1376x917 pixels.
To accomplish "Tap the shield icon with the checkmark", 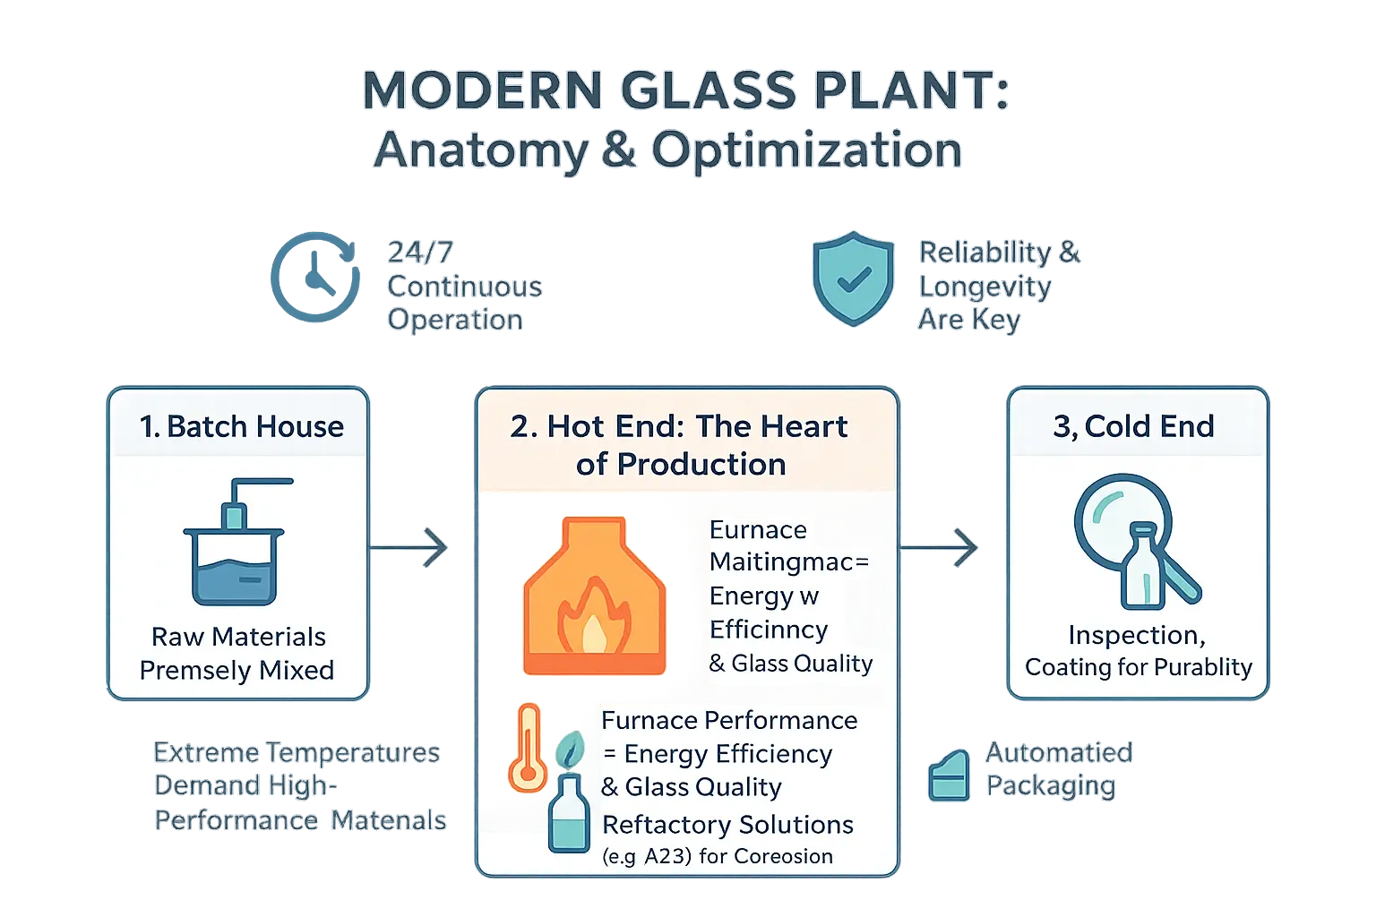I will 853,279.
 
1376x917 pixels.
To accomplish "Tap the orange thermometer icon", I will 527,749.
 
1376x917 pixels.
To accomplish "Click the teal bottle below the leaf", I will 569,813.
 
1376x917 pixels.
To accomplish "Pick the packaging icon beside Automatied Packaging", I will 949,776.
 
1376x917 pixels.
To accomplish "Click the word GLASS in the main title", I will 707,91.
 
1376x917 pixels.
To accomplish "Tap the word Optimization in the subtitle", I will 806,150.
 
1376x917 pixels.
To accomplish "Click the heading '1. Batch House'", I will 241,426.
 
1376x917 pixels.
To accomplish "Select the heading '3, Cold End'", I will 1133,426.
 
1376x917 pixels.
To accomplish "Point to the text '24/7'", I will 419,253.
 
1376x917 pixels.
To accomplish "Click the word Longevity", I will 985,287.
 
